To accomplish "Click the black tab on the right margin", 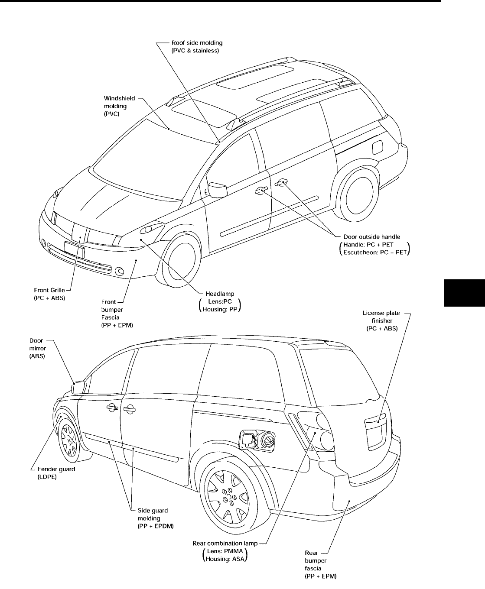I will click(x=464, y=293).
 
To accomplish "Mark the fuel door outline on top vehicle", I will click(x=378, y=147).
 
